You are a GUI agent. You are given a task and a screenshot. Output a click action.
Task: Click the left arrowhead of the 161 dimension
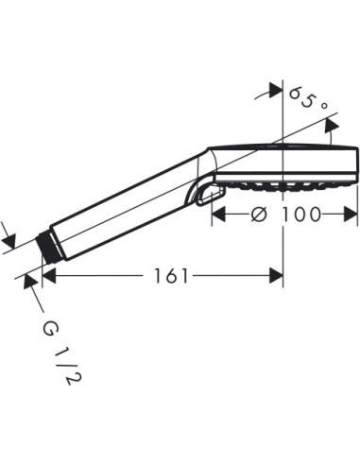tap(50, 275)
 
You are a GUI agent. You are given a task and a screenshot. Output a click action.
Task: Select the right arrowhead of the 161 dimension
tap(277, 275)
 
